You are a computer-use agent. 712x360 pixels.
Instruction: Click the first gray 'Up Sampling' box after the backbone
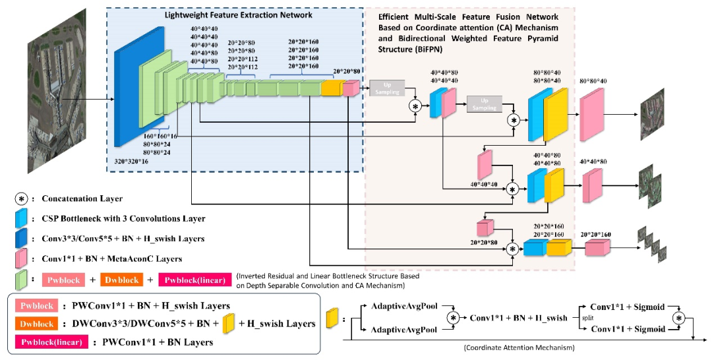point(386,88)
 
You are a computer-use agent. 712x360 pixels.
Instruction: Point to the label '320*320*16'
point(131,160)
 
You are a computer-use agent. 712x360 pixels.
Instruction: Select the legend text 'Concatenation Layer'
point(82,198)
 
